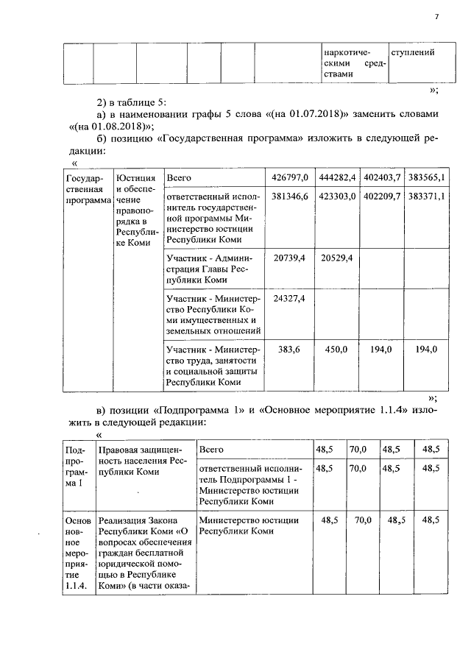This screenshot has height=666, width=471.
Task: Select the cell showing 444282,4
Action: click(338, 178)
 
